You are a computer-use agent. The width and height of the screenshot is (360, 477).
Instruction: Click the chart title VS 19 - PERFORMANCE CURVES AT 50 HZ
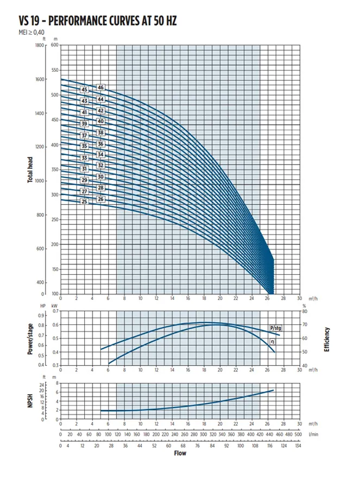[x=97, y=21]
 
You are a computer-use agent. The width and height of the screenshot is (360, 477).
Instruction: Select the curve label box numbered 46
[x=100, y=87]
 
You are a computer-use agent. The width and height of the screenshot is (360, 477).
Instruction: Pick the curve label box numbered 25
[x=84, y=202]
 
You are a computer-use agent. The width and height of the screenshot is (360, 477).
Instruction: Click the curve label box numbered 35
[x=84, y=146]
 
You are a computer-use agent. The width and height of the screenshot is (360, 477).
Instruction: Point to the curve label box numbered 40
[x=100, y=121]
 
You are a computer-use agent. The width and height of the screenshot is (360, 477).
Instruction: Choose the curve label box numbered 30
[x=100, y=177]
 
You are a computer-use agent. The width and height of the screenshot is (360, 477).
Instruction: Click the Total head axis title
[x=31, y=170]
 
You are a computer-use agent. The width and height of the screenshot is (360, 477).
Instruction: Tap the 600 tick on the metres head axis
[x=54, y=45]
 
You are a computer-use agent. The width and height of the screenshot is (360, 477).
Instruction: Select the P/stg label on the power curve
[x=276, y=328]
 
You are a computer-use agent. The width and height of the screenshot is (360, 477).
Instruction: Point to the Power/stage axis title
[x=31, y=338]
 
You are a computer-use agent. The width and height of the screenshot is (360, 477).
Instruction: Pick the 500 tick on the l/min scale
[x=298, y=435]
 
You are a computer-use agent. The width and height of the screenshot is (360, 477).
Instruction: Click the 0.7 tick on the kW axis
[x=54, y=312]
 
